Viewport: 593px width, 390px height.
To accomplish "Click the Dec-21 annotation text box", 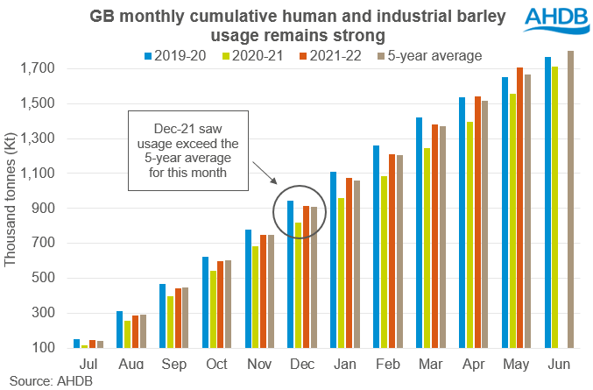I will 189,150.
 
